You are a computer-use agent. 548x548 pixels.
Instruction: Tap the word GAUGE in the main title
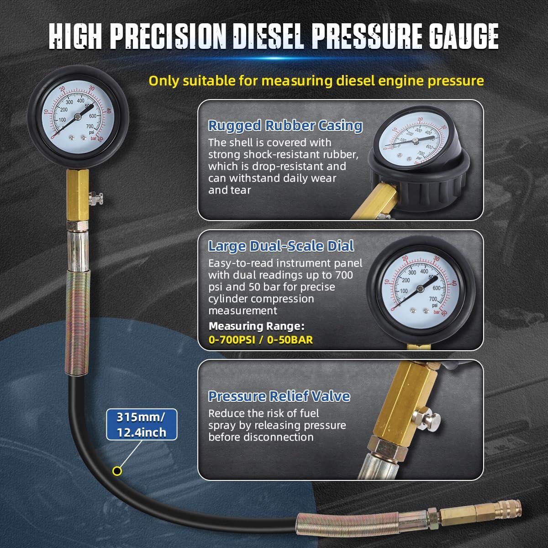[450, 34]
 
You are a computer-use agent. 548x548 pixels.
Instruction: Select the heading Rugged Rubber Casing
[285, 126]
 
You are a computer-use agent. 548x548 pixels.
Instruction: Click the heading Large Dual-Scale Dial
[281, 246]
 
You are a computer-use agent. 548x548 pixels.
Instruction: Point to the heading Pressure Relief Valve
[279, 396]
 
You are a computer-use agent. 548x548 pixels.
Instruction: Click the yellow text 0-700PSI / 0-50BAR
[261, 340]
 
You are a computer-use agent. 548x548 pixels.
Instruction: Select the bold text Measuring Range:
[256, 327]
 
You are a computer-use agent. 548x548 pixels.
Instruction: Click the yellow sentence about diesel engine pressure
[316, 81]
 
